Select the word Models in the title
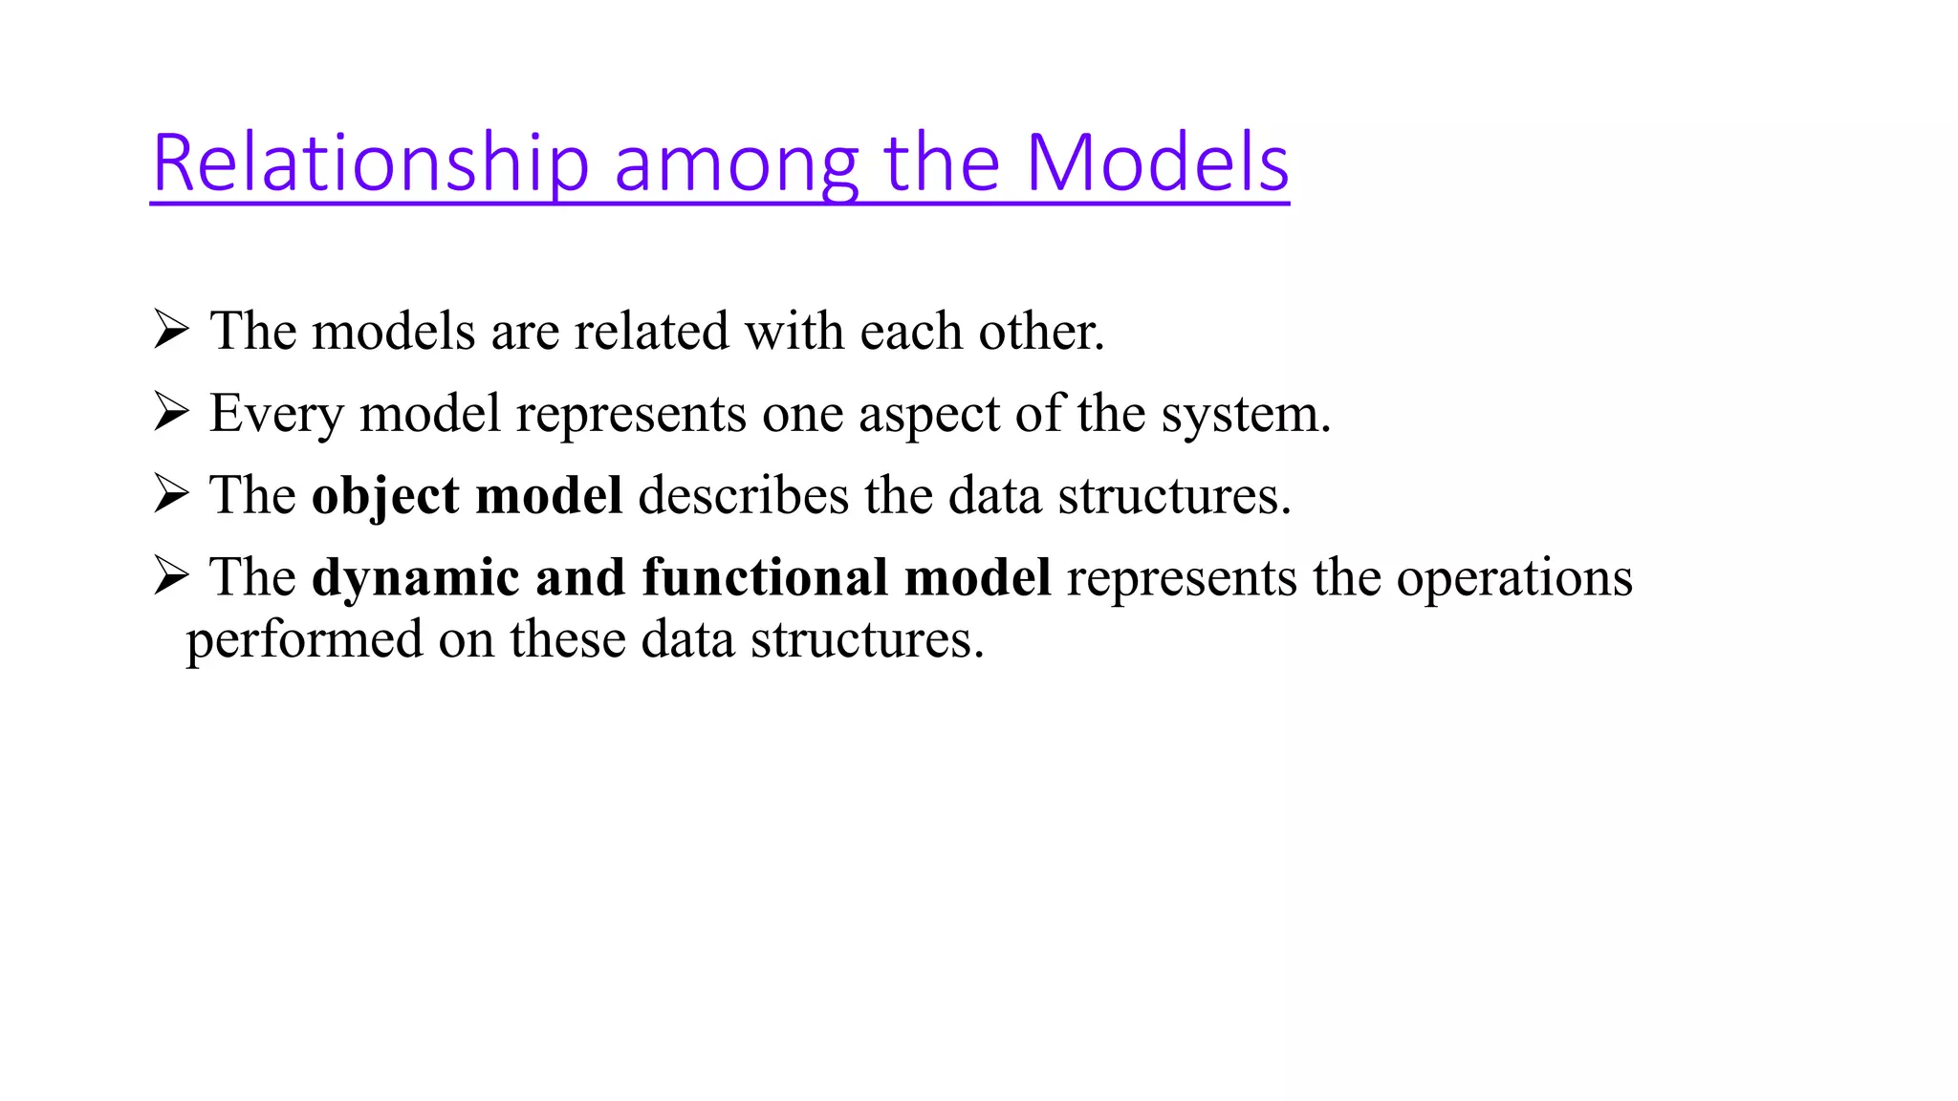1157,163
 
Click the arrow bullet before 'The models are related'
171,331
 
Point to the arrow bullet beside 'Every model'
171,413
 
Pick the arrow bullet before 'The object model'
171,495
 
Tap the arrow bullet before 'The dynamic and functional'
171,577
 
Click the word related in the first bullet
651,332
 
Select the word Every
276,415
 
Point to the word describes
743,496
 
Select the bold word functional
765,577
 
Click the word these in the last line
568,639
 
